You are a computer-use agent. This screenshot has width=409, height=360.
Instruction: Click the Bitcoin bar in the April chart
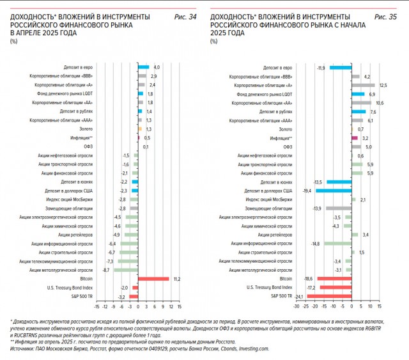tap(153, 279)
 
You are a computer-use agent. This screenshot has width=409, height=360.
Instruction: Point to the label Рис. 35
tap(385, 16)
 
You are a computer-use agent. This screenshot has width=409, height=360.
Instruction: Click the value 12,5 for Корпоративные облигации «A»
tap(383, 85)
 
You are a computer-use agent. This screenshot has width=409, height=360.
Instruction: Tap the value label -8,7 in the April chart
tap(106, 270)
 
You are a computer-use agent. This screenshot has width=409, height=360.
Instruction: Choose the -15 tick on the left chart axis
tap(96, 306)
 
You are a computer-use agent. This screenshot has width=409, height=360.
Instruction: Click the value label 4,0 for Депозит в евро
tap(157, 67)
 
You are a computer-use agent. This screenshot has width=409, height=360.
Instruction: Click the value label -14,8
tap(316, 244)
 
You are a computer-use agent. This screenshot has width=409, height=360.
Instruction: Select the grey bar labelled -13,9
tap(339, 208)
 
